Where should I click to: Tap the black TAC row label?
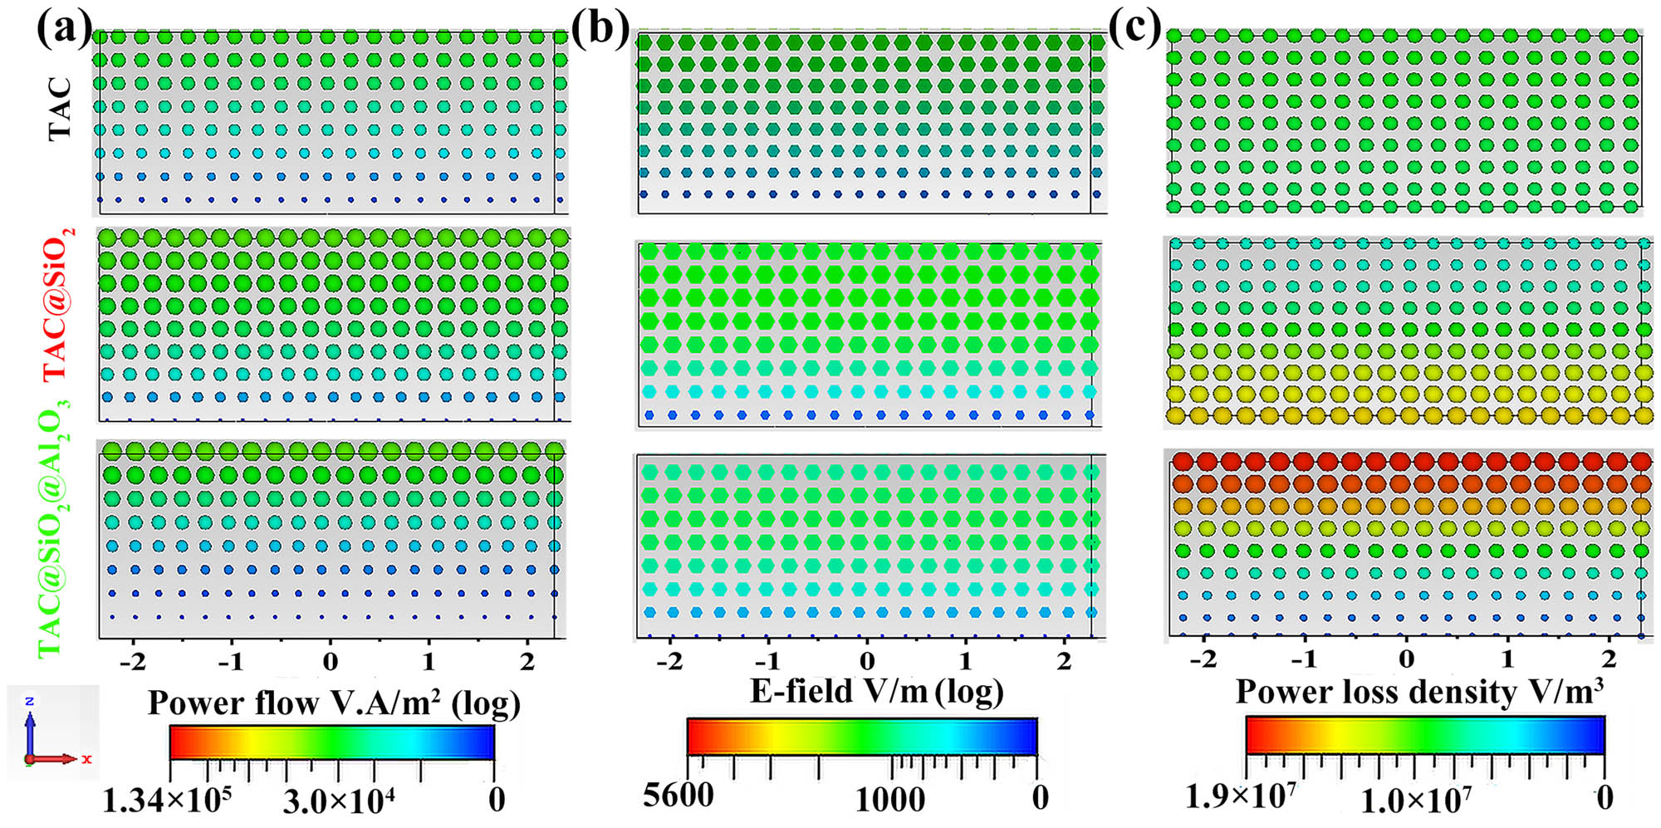[x=60, y=109]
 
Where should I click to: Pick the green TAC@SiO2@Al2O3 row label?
[x=52, y=527]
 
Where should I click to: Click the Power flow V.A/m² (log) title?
[x=334, y=703]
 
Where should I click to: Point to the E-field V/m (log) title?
[x=876, y=691]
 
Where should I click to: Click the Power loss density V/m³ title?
[x=1418, y=691]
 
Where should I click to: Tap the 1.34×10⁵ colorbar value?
[x=166, y=801]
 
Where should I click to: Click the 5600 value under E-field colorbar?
[x=678, y=796]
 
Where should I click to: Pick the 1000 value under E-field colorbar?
[x=889, y=800]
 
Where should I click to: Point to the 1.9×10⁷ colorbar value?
[x=1239, y=796]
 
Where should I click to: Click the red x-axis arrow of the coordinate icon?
[x=58, y=759]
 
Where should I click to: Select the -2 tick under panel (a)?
[x=133, y=662]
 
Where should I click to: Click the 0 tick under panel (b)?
[x=867, y=661]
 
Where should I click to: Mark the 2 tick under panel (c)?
[x=1609, y=659]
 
